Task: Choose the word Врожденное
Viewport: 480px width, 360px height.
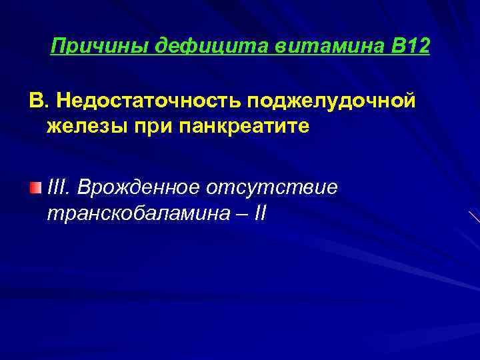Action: [138, 188]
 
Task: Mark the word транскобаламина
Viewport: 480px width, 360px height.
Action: [136, 214]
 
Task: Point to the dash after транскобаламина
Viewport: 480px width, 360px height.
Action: [237, 214]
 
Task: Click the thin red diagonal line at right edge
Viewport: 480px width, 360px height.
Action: [473, 217]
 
